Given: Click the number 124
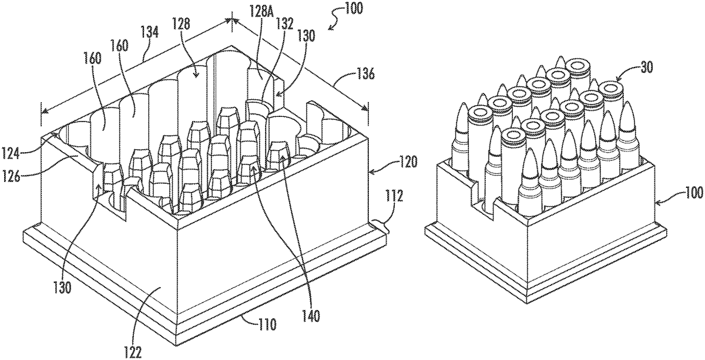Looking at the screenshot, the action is (11, 154).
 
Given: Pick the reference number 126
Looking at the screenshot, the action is (11, 177).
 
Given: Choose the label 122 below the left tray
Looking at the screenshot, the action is (133, 352).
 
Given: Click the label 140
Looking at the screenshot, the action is (311, 315).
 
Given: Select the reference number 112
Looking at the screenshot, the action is (394, 197).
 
